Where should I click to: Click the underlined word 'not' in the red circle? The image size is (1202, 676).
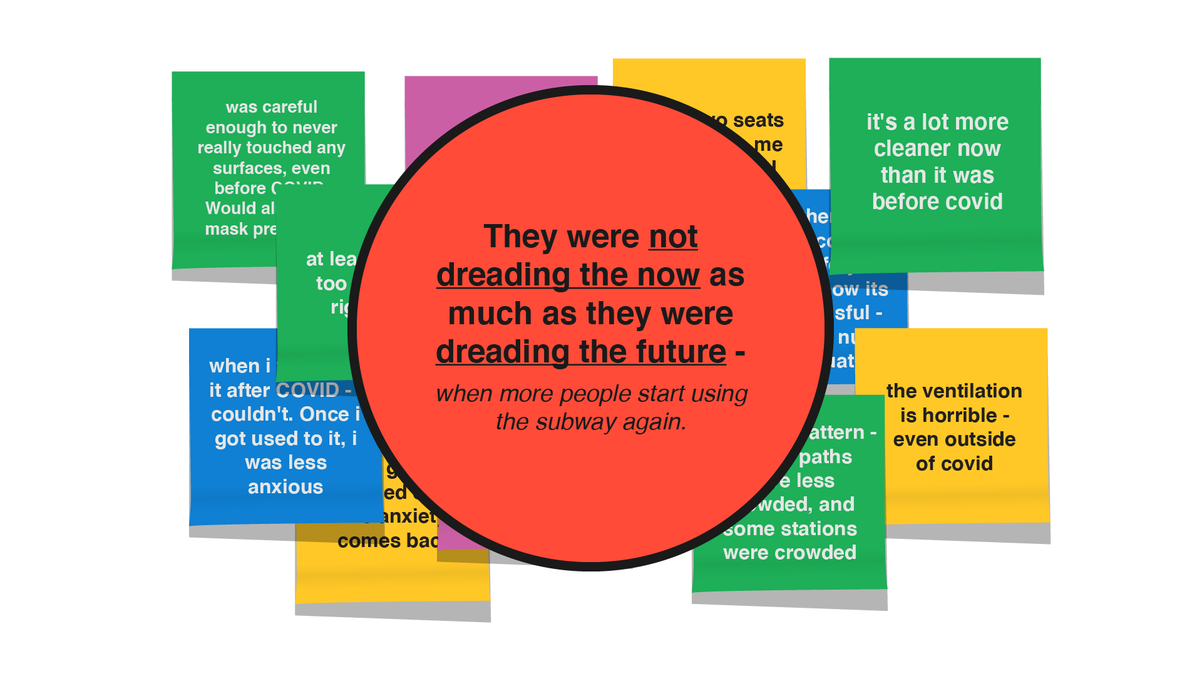pyautogui.click(x=673, y=237)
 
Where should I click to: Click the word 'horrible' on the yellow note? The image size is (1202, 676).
pyautogui.click(x=948, y=416)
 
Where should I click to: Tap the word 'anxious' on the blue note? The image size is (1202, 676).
pyautogui.click(x=285, y=487)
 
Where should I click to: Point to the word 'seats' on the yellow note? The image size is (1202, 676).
pyautogui.click(x=758, y=120)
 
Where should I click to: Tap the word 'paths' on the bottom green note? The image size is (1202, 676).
pyautogui.click(x=825, y=457)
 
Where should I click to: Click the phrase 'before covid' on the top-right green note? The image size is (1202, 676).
pyautogui.click(x=937, y=202)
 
